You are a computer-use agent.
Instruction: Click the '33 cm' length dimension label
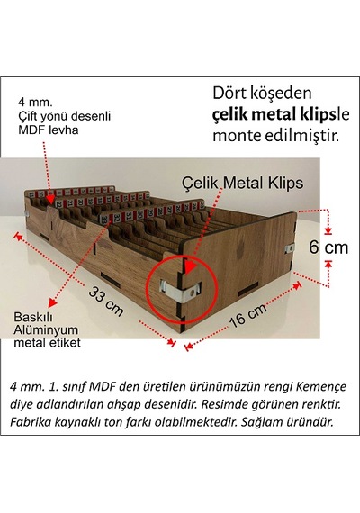(106, 301)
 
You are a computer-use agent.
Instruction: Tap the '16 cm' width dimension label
(247, 315)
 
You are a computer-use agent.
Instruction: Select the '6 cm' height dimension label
(328, 247)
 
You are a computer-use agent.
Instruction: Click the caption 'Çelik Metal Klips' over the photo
(242, 183)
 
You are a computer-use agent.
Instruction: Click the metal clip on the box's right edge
(289, 248)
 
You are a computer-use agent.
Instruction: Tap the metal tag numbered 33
(105, 218)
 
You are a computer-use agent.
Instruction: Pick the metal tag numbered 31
(130, 215)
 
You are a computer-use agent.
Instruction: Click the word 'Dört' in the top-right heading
(230, 93)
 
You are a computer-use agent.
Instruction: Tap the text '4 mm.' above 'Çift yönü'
(35, 102)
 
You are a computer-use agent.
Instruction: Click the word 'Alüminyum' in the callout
(46, 330)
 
